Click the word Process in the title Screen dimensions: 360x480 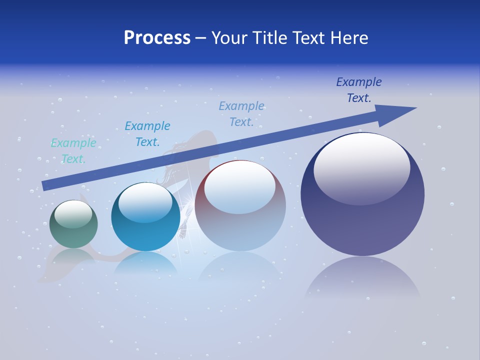(x=157, y=37)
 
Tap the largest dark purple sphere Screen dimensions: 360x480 (x=362, y=210)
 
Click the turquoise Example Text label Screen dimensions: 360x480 (x=73, y=150)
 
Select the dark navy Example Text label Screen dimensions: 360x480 (x=358, y=89)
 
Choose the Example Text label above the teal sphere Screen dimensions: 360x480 (x=147, y=133)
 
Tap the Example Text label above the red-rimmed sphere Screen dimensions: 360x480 (x=241, y=113)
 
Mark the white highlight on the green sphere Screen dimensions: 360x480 (x=73, y=214)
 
